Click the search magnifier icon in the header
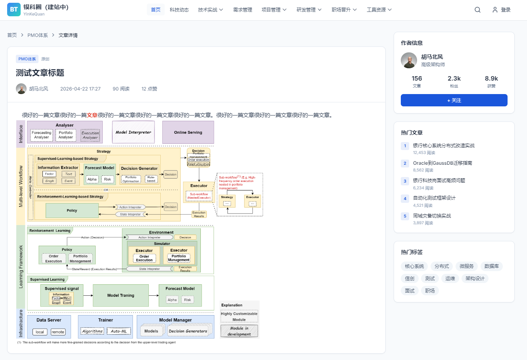coord(477,10)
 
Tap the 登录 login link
coord(502,10)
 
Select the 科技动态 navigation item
coord(179,10)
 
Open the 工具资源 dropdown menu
coord(379,10)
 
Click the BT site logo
coord(14,10)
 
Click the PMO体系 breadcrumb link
coord(38,35)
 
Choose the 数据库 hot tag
coord(491,266)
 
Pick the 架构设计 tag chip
coord(475,279)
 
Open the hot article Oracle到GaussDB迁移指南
coord(442,163)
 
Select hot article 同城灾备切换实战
coord(432,216)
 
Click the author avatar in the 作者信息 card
coord(409,60)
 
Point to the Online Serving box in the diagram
coord(188,132)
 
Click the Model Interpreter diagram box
coord(133,132)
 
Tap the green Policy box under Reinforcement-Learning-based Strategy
coord(72,210)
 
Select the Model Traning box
coord(121,295)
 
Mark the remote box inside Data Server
coord(58,332)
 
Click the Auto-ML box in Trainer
coord(119,331)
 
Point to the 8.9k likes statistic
coord(491,79)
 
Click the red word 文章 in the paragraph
coord(92,115)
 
